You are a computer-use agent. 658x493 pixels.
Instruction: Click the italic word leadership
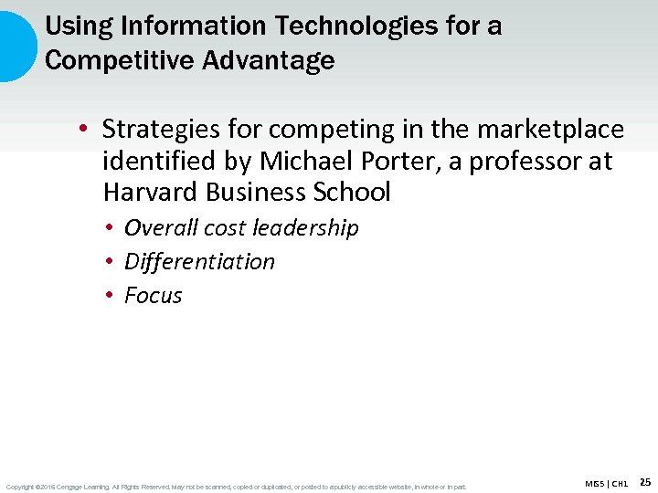click(306, 227)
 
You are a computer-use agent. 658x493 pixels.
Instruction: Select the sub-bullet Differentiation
click(199, 262)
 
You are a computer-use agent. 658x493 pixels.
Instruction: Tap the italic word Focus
click(154, 296)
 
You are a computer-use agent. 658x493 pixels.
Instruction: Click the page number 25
click(644, 482)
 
